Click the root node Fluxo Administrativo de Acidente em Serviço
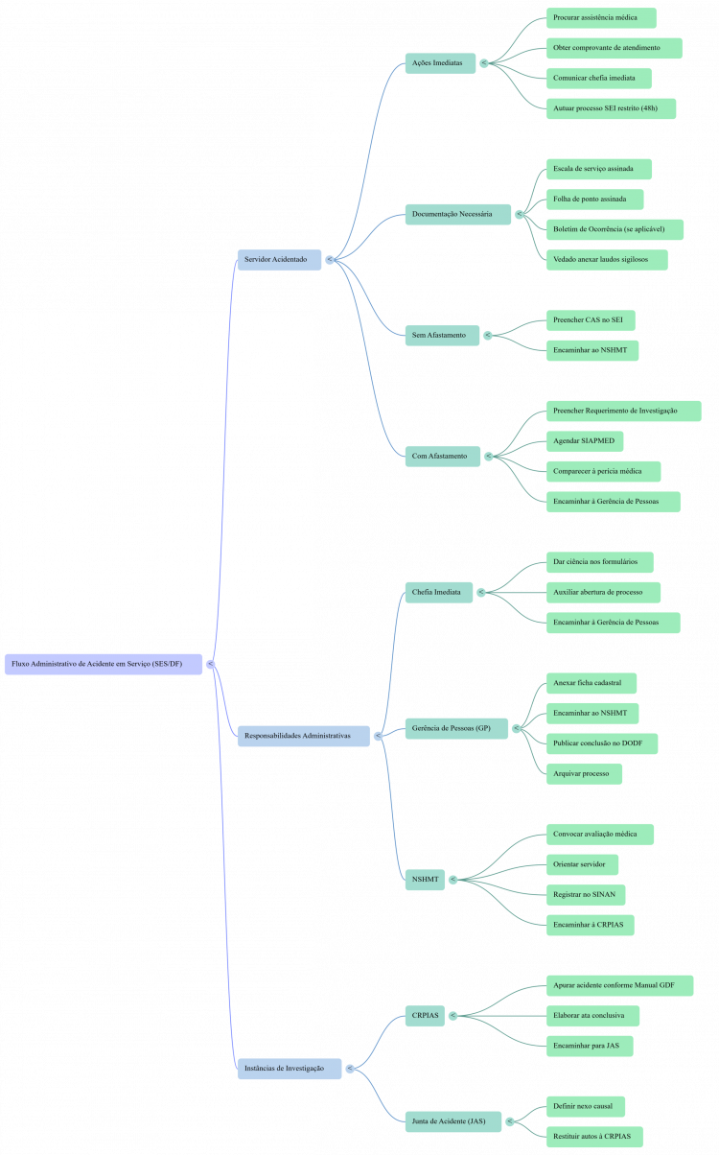104,664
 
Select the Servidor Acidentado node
279,260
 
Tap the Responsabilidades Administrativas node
303,736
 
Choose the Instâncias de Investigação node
289,1069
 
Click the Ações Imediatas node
440,63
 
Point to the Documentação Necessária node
457,215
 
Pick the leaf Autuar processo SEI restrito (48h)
611,108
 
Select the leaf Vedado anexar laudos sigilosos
606,259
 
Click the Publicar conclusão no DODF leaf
601,743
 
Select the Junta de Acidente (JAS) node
452,1121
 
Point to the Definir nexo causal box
585,1107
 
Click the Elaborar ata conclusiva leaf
592,1016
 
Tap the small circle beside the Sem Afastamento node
487,335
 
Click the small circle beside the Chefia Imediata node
481,592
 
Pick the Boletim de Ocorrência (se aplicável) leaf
615,229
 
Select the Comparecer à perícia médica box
603,471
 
